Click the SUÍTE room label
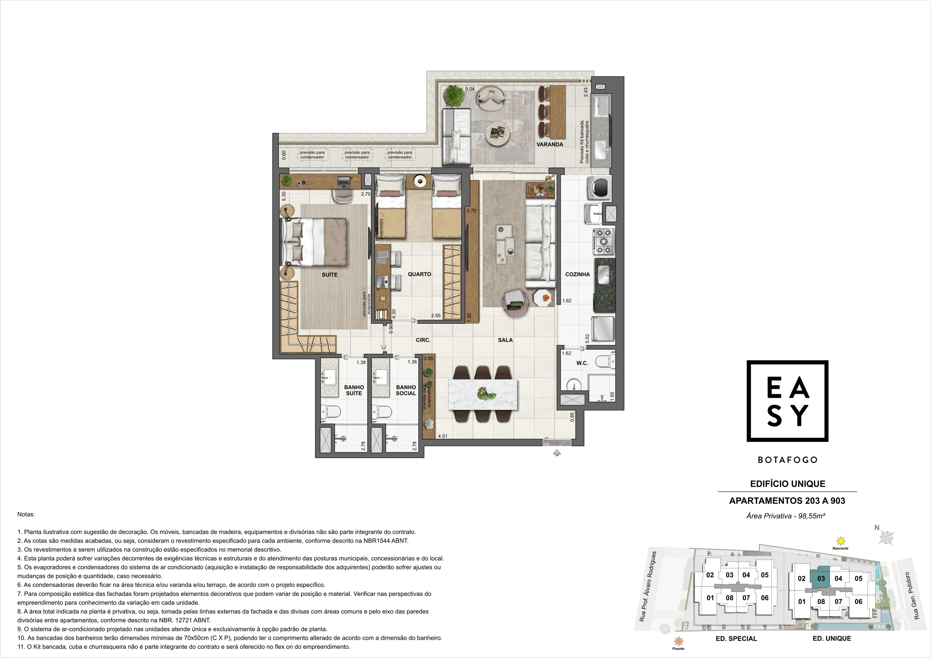(330, 275)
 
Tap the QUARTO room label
(419, 274)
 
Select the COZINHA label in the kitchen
(577, 274)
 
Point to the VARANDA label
(550, 144)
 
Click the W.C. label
(582, 363)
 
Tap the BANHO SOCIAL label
(406, 390)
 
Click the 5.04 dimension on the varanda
(470, 89)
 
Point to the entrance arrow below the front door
(557, 453)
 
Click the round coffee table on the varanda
(497, 133)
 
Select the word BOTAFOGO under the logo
(787, 460)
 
